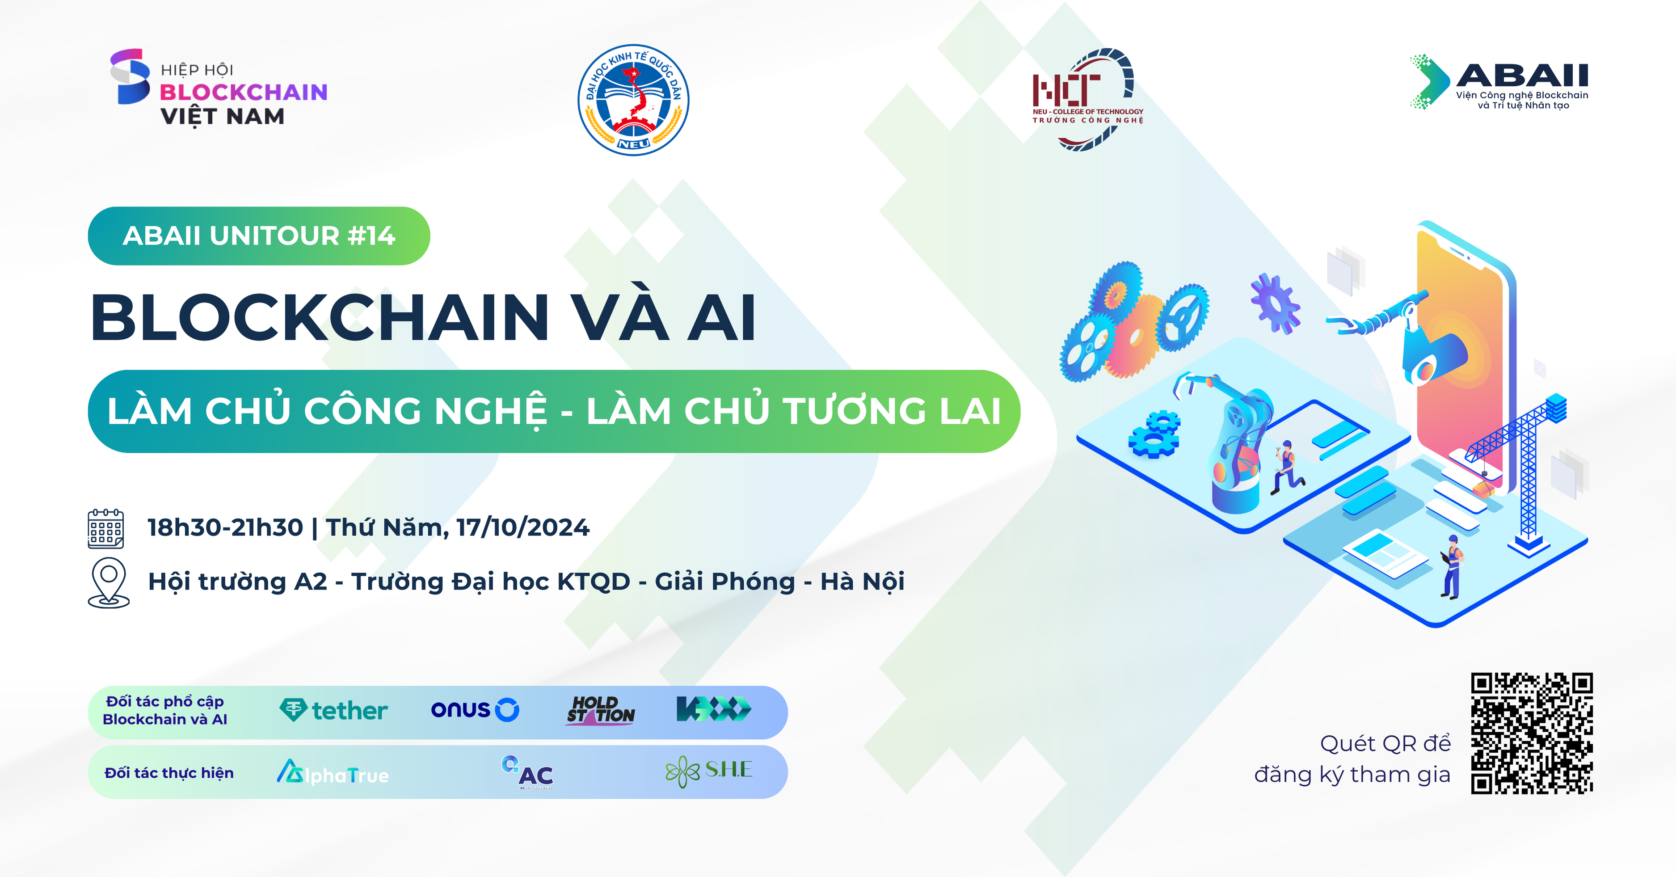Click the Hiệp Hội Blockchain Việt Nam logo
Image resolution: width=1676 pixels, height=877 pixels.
[219, 87]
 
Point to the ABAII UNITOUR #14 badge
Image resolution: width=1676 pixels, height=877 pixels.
[259, 236]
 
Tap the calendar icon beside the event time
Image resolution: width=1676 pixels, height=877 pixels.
[105, 528]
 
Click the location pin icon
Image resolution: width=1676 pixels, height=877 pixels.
[109, 582]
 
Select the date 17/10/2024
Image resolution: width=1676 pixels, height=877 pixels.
[523, 527]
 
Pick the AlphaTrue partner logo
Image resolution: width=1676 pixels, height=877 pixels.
[333, 773]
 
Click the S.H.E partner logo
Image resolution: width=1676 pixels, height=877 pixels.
[708, 771]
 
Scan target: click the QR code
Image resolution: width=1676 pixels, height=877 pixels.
[1532, 733]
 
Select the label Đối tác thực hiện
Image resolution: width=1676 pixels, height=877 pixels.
[169, 773]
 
